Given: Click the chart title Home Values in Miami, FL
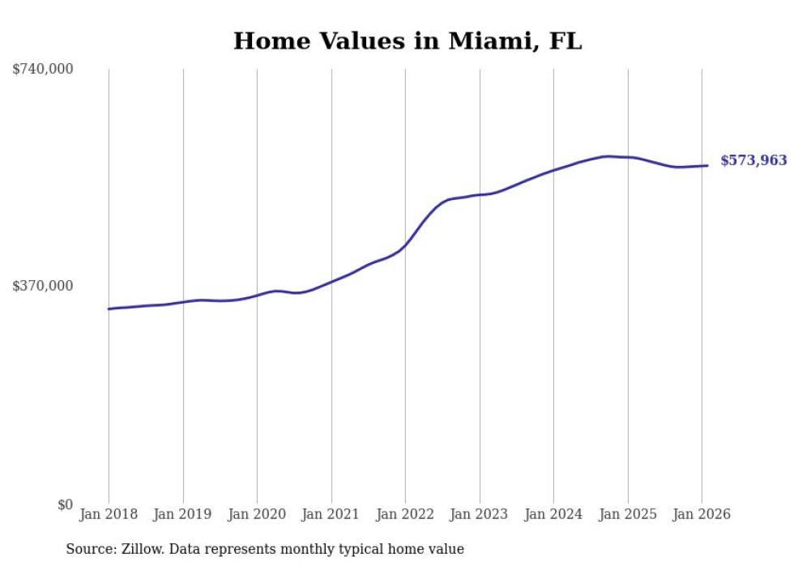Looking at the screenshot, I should [x=408, y=41].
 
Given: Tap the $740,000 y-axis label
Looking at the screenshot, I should [x=43, y=70].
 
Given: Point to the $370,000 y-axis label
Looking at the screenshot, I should [x=43, y=286].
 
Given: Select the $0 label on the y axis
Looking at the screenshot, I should [x=65, y=504].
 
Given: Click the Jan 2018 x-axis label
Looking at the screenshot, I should [x=109, y=514].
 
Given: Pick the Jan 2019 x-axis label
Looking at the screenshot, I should [x=183, y=514].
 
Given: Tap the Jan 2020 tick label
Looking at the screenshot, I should [x=257, y=514].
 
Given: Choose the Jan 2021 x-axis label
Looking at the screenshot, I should [x=331, y=514].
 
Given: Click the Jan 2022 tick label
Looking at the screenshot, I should [x=405, y=514].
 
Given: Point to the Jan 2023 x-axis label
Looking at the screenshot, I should [x=480, y=514].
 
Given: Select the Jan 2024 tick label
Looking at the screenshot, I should [x=553, y=514].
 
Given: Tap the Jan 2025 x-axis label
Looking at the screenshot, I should [x=628, y=514].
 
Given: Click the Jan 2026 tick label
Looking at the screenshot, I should [x=702, y=514].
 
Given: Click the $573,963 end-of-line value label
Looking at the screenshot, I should [x=753, y=161].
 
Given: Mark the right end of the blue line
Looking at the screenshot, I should [x=707, y=166].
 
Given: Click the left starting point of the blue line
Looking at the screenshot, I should [x=109, y=309].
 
